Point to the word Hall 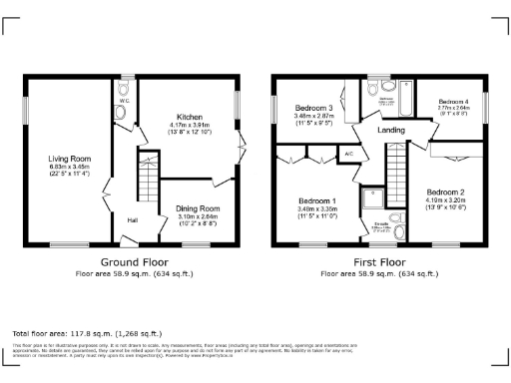[x=132, y=221]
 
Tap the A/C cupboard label [x=349, y=155]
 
